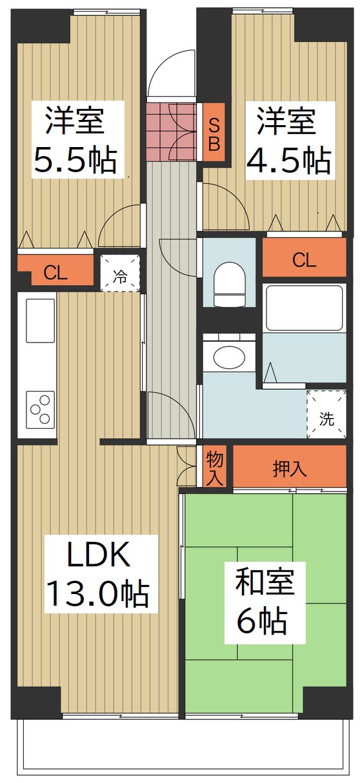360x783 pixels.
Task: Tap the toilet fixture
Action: pos(229,285)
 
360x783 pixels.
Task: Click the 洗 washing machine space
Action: pos(327,414)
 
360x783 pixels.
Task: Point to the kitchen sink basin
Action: pos(41,321)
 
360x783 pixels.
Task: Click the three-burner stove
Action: pos(41,410)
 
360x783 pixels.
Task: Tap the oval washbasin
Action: pos(229,357)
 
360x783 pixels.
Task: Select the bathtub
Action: pos(304,308)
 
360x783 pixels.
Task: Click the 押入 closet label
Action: pos(290,469)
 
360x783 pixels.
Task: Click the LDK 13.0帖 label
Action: pos(98,573)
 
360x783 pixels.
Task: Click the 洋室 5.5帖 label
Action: pos(75,140)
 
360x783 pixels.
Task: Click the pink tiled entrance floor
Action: pos(172,132)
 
